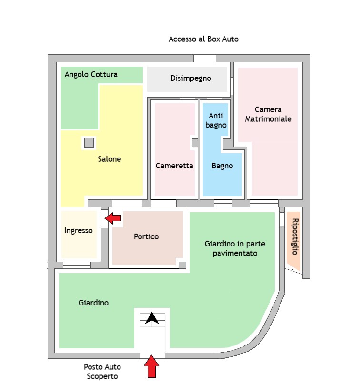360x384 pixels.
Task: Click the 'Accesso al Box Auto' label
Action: coord(203,39)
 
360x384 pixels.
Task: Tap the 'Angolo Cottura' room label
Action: coord(91,75)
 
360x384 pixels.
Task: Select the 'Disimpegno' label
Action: coord(190,79)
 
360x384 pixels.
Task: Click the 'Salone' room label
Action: coord(110,159)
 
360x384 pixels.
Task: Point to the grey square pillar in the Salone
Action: coord(89,142)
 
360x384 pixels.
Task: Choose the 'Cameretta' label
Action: coord(174,166)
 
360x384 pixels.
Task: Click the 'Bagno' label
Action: coord(222,166)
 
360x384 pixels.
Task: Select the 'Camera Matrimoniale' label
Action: coord(268,114)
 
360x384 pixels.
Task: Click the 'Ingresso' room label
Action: coord(79,231)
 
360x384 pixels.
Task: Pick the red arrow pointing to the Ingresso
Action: coord(113,218)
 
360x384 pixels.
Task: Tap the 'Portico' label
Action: coord(146,236)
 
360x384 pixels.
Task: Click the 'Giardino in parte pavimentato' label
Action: coord(235,248)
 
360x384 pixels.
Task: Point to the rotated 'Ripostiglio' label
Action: coord(295,236)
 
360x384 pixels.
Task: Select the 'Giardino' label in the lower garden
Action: coord(93,303)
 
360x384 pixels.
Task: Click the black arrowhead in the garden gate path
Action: coord(152,318)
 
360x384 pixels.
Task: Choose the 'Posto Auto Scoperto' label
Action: coord(102,371)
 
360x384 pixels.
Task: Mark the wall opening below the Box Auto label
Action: coord(205,58)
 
